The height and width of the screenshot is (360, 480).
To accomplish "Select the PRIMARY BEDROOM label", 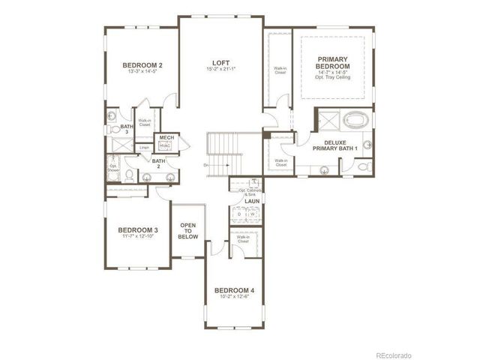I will [334, 63].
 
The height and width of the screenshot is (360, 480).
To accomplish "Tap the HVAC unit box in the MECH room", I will [166, 146].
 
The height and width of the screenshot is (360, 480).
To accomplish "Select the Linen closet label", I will [144, 148].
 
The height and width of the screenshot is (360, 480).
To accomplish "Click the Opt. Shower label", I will [113, 168].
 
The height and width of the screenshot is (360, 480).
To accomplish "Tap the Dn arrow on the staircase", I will [206, 163].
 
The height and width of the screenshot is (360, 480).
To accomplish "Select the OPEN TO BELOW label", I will [187, 230].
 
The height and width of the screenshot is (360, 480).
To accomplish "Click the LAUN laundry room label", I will [251, 202].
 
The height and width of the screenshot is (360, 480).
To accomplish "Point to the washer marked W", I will [253, 214].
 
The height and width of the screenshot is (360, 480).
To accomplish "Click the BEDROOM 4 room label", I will [235, 290].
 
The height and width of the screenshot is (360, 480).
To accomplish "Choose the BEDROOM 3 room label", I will [138, 230].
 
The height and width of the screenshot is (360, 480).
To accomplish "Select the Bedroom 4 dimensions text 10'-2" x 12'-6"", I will [235, 297].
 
